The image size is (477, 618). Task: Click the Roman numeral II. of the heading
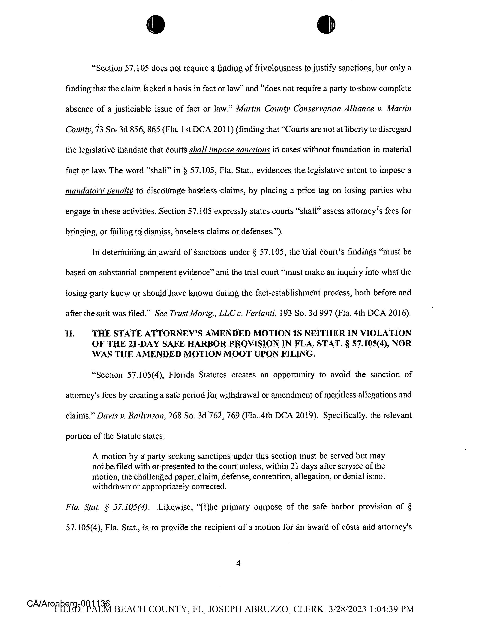[x=70, y=334]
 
